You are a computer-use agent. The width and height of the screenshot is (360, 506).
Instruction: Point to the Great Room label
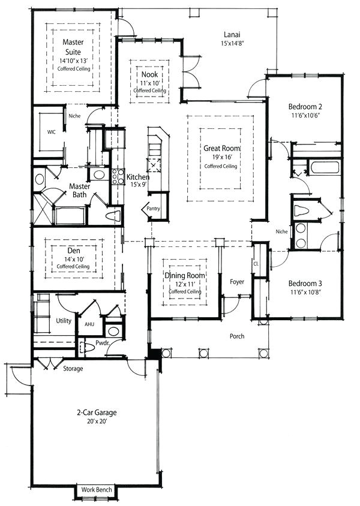[223, 148]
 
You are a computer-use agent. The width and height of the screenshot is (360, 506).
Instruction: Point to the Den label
[73, 252]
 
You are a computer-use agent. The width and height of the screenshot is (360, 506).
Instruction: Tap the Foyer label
[237, 281]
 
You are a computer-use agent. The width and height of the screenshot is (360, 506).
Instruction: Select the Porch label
[237, 336]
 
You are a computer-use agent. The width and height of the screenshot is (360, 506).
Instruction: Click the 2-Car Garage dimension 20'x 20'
[95, 421]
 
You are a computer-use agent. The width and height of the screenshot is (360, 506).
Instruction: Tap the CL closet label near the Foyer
[257, 263]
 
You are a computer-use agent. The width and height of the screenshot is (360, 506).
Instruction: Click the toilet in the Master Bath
[113, 216]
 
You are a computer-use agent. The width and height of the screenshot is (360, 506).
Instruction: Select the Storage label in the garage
[73, 368]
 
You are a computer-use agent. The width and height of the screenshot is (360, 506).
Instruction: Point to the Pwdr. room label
[103, 344]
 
